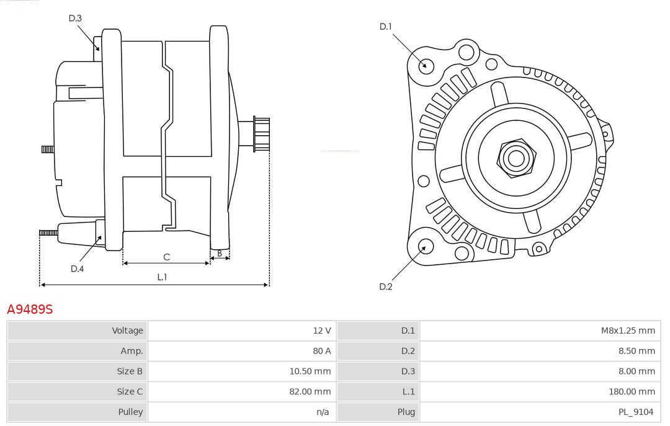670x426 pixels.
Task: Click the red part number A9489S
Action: coord(30,309)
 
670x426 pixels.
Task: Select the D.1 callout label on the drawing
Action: coord(386,27)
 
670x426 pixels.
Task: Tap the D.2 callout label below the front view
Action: coord(386,286)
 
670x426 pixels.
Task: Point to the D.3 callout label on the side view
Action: coord(75,18)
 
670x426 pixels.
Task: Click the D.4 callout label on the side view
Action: coord(77,268)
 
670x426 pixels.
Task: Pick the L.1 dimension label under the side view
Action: coord(162,277)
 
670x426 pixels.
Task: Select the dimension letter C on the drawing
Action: coord(166,257)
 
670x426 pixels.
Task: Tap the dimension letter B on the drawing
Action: coord(220,253)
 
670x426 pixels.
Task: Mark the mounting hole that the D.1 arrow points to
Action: coord(426,64)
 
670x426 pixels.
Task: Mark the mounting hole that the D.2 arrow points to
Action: coord(425,247)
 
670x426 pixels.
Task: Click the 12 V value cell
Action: coord(322,331)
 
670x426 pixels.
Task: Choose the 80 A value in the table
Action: coord(322,351)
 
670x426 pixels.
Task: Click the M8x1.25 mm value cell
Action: coord(628,331)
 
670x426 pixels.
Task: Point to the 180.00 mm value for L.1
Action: coord(632,391)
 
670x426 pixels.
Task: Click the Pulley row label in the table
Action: coord(130,412)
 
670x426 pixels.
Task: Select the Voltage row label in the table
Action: coord(127,331)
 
